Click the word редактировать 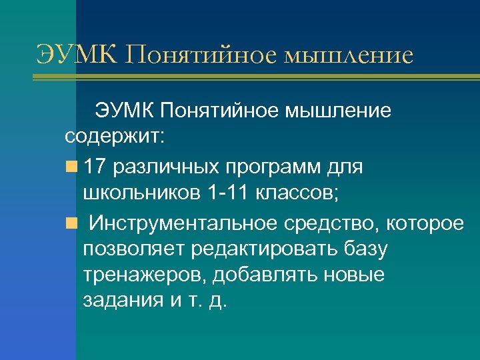point(267,248)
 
